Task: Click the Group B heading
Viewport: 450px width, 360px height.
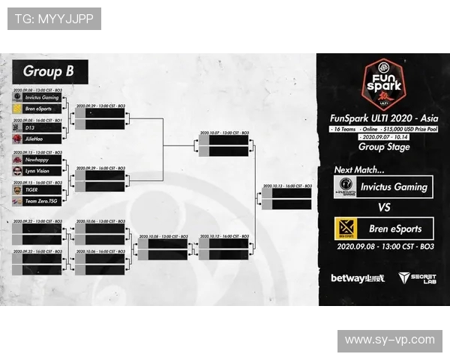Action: (49, 72)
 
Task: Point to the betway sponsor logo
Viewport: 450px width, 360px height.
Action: (357, 278)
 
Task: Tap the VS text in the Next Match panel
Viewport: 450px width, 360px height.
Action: (383, 208)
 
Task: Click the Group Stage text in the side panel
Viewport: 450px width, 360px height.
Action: (382, 148)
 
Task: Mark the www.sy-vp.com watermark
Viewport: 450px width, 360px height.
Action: (388, 340)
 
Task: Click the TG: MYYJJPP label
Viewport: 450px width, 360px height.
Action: (54, 19)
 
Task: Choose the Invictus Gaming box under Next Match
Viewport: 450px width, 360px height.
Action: (383, 187)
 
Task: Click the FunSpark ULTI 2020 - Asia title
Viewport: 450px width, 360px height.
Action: (382, 118)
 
